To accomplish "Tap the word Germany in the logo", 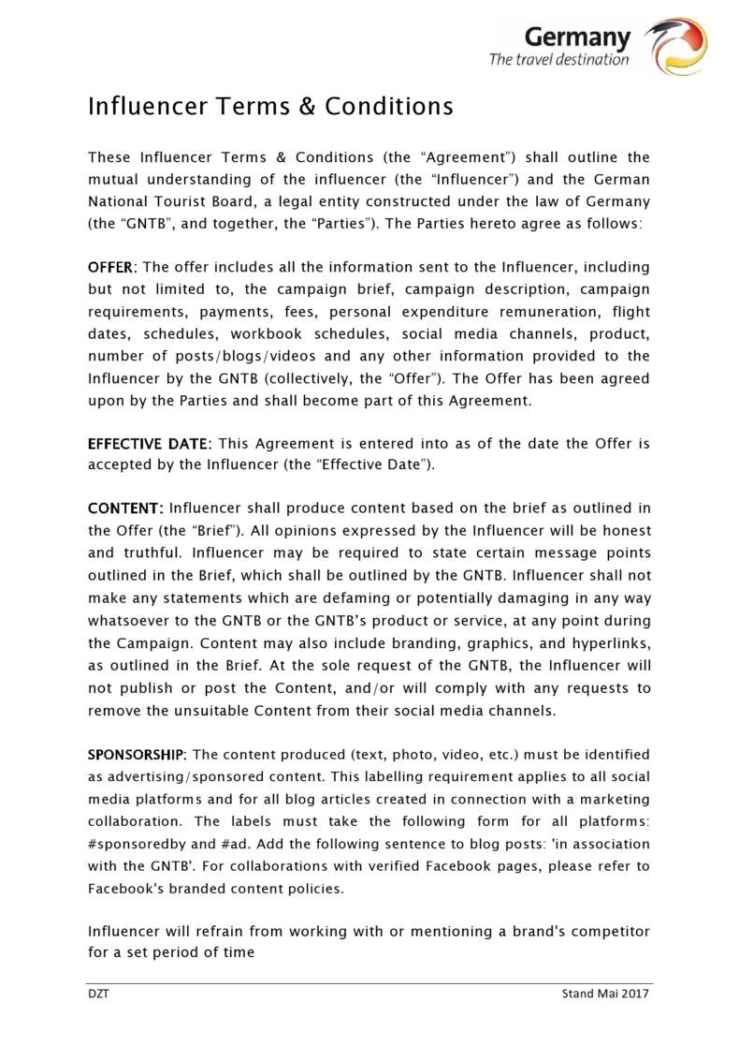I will coord(577,37).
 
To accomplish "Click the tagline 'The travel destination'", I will coord(558,60).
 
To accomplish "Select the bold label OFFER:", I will coord(111,267).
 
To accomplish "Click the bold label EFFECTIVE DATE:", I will coord(150,443).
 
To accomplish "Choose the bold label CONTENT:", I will coord(125,508).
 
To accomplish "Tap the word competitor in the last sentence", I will coord(610,932).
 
